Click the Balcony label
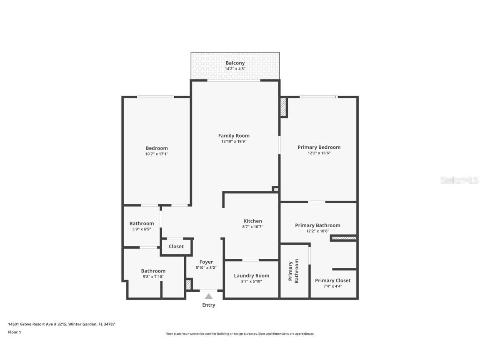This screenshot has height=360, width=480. pos(235,63)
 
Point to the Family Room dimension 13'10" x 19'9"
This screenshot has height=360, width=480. pos(234,142)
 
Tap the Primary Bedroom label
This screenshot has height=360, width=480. pos(319,147)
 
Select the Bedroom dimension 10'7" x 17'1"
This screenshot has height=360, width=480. pos(157,154)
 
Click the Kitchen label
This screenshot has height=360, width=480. pos(252,221)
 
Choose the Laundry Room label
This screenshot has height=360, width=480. pos(251,275)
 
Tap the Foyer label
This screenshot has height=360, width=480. pos(206,262)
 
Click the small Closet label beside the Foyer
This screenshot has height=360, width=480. pos(176,247)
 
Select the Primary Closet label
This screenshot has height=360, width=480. pos(332,280)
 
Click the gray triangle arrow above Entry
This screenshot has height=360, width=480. pos(209,296)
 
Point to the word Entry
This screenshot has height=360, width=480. pos(209,305)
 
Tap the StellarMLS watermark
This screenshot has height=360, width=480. pos(460,180)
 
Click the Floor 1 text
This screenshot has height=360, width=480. pos(14,332)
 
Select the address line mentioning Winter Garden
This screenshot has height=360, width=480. pos(61,324)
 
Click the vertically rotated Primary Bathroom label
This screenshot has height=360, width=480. pos(294,271)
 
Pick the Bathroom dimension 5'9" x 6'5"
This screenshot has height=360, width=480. pos(142,229)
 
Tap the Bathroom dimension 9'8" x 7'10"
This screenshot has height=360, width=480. pos(153,277)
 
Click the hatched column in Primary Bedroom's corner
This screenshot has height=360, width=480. pos(283,107)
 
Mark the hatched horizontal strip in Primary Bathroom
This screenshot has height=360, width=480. pos(344,238)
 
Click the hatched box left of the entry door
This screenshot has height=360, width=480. pos(188,285)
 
